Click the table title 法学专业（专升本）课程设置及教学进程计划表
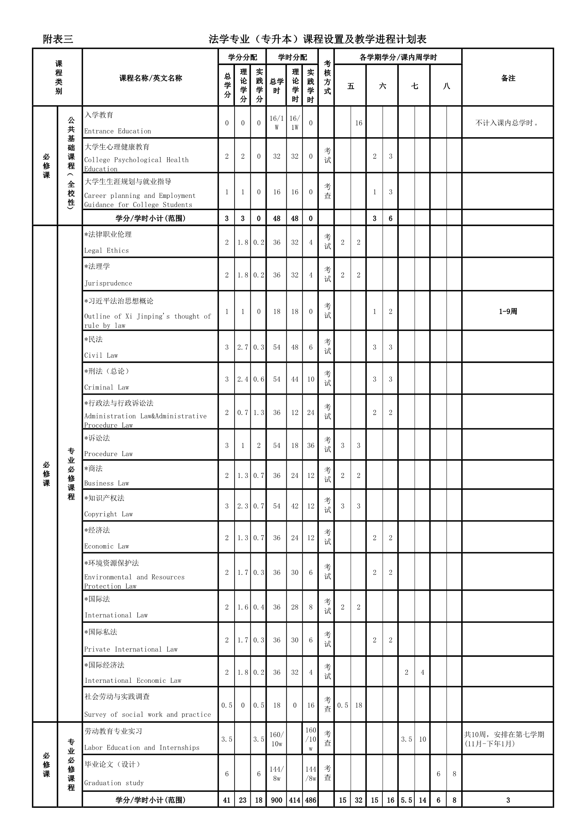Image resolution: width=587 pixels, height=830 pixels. (x=317, y=39)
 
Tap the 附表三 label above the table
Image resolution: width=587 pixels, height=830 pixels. (x=58, y=39)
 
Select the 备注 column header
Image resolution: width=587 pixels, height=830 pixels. (x=508, y=78)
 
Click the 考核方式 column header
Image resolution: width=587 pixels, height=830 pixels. (x=327, y=77)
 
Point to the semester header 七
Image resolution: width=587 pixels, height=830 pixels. (x=415, y=86)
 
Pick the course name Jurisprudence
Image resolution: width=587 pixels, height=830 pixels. (x=108, y=283)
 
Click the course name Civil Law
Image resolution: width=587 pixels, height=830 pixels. (x=101, y=355)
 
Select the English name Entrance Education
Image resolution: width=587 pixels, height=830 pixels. (x=118, y=131)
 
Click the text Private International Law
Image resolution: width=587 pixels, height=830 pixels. (x=131, y=649)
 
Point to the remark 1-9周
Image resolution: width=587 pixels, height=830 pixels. (x=508, y=311)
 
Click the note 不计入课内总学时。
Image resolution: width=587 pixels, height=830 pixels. (x=507, y=123)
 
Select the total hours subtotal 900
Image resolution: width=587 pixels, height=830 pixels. (x=277, y=800)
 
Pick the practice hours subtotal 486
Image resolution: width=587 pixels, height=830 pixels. (x=311, y=800)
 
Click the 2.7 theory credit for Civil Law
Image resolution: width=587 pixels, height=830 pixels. (x=243, y=347)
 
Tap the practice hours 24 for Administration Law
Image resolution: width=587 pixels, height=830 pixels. (x=311, y=412)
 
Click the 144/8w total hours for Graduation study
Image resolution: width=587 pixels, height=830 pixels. (x=277, y=773)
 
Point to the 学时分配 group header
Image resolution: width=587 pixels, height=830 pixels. (x=293, y=57)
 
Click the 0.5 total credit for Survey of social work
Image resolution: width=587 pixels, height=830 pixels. (x=227, y=705)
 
